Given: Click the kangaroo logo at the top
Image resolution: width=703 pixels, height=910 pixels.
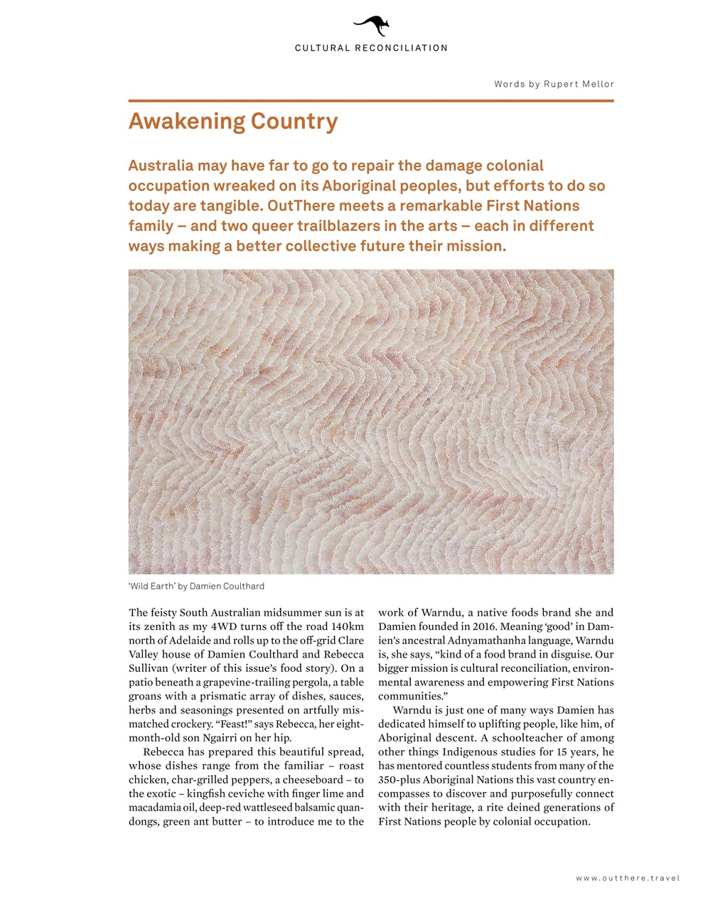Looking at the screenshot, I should tap(371, 27).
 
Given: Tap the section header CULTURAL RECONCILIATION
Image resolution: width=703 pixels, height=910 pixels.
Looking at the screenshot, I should tap(371, 48).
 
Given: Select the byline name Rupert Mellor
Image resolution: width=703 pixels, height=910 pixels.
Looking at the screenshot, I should tap(579, 84).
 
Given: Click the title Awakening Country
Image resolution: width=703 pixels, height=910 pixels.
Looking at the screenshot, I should tap(232, 122).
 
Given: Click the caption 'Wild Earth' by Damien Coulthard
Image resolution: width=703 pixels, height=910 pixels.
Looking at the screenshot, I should tap(196, 587).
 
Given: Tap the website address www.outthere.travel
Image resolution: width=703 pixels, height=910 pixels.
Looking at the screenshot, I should tap(628, 878).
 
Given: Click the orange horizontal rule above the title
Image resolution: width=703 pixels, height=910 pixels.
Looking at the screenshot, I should tap(371, 101).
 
